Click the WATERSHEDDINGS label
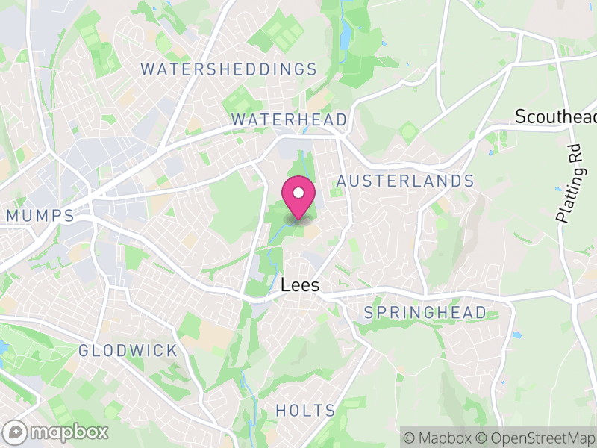tap(229, 69)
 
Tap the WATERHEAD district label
tap(289, 119)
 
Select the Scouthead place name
tap(556, 117)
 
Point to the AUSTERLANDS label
tap(405, 181)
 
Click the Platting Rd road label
tap(569, 183)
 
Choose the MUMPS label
tap(40, 216)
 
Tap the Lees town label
tap(301, 285)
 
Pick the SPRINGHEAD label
tap(425, 312)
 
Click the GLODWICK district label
tap(128, 350)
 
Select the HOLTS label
tap(305, 410)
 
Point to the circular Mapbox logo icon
tap(15, 432)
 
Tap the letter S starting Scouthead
tap(521, 117)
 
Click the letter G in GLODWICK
tap(84, 350)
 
